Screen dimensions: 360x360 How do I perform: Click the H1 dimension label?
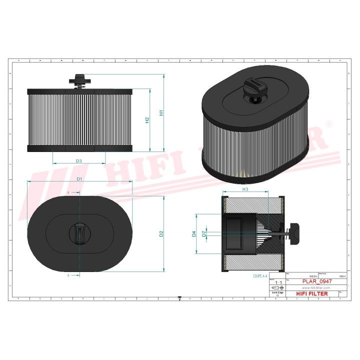tap(161, 113)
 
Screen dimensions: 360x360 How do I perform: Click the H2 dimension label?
tap(147, 120)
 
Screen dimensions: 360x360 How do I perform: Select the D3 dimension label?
tap(79, 160)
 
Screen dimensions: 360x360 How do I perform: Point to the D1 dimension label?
tap(79, 178)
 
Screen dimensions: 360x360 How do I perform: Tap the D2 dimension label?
tap(161, 233)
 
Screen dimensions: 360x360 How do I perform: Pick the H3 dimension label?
tap(245, 189)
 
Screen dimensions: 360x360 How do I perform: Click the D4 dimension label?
tap(193, 233)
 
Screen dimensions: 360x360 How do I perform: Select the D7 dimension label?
tap(203, 233)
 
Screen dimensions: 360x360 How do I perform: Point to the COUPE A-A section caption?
tap(260, 276)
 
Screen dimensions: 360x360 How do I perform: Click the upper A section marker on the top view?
tap(68, 191)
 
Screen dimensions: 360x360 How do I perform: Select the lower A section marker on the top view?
tap(68, 274)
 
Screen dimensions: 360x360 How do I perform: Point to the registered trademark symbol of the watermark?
tap(329, 122)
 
